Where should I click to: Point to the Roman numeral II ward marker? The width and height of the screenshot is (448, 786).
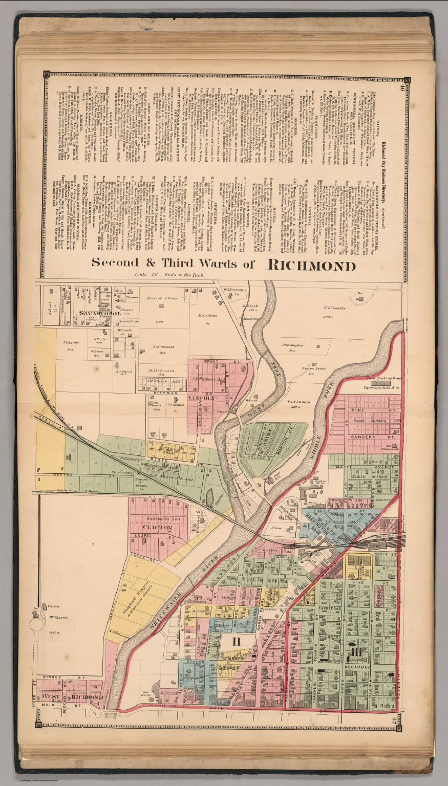point(237,640)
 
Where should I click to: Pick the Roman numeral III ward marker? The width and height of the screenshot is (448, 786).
point(357,651)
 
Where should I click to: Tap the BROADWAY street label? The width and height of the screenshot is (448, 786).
point(357,667)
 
